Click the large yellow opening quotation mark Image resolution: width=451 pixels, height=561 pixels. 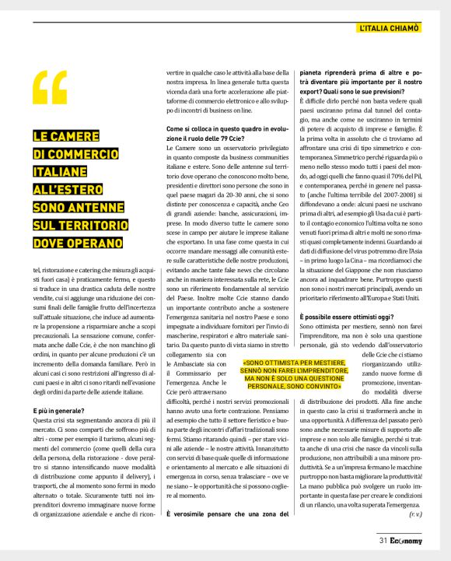(x=50, y=86)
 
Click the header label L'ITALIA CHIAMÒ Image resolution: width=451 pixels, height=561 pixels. (x=390, y=28)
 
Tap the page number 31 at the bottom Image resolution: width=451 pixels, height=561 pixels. (x=383, y=538)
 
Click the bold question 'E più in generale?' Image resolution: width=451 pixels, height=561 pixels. (x=60, y=409)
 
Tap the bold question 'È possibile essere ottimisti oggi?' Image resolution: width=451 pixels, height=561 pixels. (x=340, y=317)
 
